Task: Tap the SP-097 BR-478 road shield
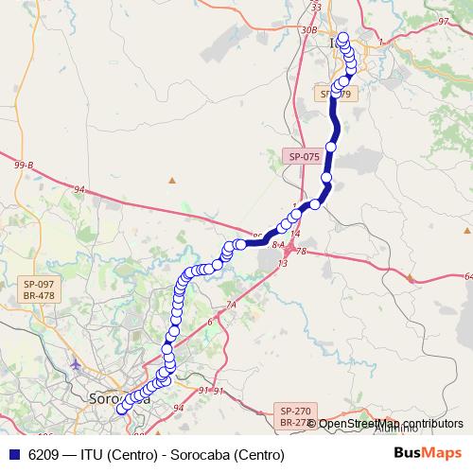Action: click(x=39, y=289)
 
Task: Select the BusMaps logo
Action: click(x=425, y=454)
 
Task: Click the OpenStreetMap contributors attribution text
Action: click(x=391, y=424)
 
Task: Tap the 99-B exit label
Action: click(x=24, y=166)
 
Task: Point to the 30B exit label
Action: click(x=308, y=29)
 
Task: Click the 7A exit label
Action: click(x=230, y=305)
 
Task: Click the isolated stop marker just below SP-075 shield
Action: click(x=327, y=177)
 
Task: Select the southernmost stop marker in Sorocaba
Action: click(x=121, y=410)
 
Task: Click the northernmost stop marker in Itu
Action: click(x=342, y=38)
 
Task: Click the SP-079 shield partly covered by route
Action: click(x=336, y=94)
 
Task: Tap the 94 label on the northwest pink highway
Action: click(x=79, y=190)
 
